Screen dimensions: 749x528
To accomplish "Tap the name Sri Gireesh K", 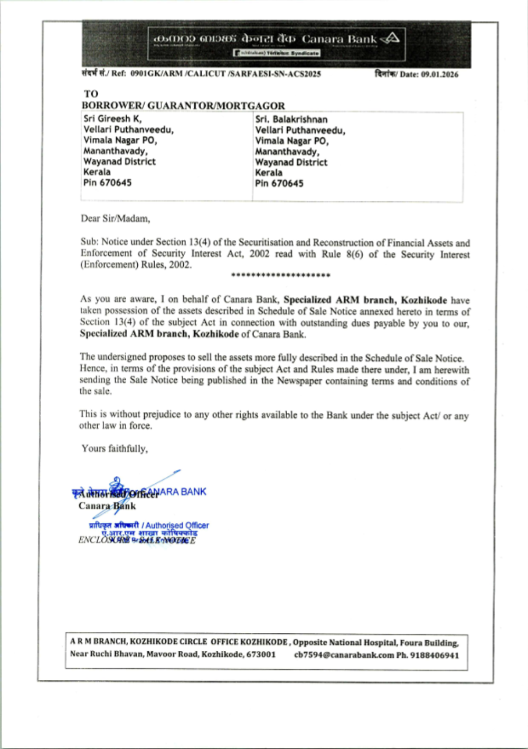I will point(112,119).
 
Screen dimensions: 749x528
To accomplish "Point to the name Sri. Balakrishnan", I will point(291,119).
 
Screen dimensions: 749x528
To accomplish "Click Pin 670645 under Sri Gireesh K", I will point(107,183).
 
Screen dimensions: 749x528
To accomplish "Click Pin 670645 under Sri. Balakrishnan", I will point(279,184).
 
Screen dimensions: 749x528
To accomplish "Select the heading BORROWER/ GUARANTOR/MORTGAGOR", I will point(183,106).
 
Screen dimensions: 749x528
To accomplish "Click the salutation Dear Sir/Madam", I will point(115,218).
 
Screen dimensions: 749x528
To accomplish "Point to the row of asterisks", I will point(280,275).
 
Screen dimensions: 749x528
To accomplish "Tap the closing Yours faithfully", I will point(115,448).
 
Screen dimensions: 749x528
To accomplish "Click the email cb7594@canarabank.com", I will point(344,655).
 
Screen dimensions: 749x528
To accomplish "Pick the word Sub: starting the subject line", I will point(89,242).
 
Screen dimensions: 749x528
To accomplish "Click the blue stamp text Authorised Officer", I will point(177,526).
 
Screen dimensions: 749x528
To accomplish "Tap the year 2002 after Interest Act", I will point(259,254).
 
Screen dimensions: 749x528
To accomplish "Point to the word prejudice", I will point(146,414).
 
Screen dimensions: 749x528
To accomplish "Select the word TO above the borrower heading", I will point(91,94).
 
